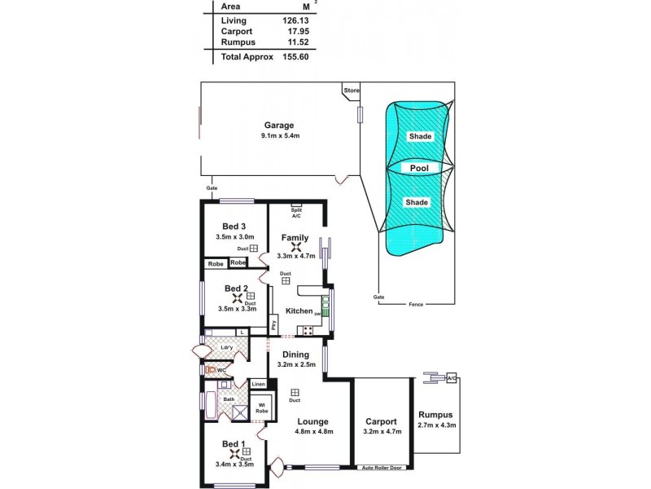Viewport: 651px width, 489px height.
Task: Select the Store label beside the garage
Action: coord(352,90)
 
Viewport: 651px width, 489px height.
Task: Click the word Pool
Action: coord(420,168)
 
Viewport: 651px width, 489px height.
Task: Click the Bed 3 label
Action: coord(234,227)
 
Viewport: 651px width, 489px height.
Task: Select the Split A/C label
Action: coord(296,213)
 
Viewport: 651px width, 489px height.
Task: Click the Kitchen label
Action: coord(299,311)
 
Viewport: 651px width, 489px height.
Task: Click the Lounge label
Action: coord(312,421)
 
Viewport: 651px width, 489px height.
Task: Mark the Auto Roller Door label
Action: coord(382,469)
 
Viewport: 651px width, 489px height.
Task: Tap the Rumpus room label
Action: coord(436,414)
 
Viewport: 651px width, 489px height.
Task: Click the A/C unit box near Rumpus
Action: coord(452,378)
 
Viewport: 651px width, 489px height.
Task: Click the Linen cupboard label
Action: coord(258,384)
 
